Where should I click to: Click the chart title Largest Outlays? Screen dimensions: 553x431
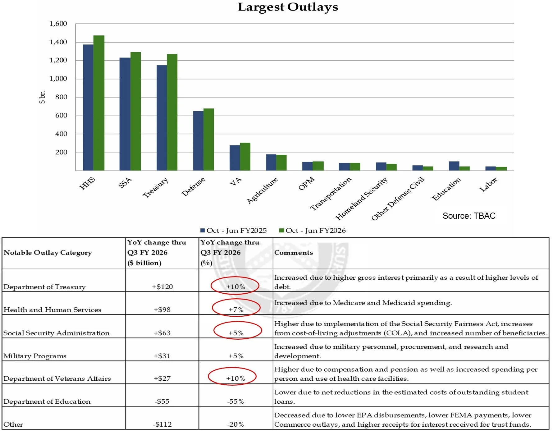click(x=288, y=7)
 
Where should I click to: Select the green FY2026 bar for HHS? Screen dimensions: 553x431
click(x=99, y=103)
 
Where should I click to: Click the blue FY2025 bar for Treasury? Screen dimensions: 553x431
click(x=162, y=118)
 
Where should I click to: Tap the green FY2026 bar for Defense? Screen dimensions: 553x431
click(x=209, y=140)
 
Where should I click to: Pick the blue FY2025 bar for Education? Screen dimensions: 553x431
click(x=454, y=166)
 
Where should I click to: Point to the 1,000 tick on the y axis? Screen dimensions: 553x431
click(x=58, y=79)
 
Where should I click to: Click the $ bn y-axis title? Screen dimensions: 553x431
click(x=42, y=97)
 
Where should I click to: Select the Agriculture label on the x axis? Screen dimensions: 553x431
click(x=262, y=190)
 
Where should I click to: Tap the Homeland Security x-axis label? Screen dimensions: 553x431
click(x=362, y=199)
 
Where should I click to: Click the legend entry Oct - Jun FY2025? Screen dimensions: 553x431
click(x=234, y=231)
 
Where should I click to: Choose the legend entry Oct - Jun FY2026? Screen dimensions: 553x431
click(x=313, y=231)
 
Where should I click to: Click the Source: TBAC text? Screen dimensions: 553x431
click(x=469, y=216)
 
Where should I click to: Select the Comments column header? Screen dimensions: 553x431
click(x=294, y=253)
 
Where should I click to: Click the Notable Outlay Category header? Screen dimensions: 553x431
click(x=48, y=253)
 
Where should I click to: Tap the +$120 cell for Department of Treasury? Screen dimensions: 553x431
click(x=162, y=287)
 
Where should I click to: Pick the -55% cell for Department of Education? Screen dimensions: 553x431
click(x=235, y=401)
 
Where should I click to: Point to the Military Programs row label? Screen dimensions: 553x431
click(x=35, y=356)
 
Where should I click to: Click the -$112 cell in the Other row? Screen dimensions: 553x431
click(x=162, y=424)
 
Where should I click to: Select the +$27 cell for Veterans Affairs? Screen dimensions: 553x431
click(x=162, y=378)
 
